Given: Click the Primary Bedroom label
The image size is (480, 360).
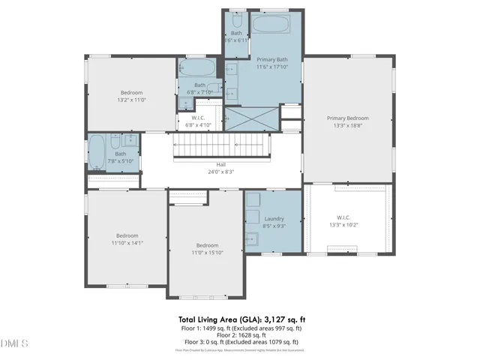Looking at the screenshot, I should (347, 118).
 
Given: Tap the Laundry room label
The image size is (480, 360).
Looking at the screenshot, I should (274, 219).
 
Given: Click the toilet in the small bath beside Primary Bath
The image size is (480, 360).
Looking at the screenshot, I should (237, 15).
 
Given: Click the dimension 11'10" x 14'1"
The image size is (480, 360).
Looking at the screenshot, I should (127, 243).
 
